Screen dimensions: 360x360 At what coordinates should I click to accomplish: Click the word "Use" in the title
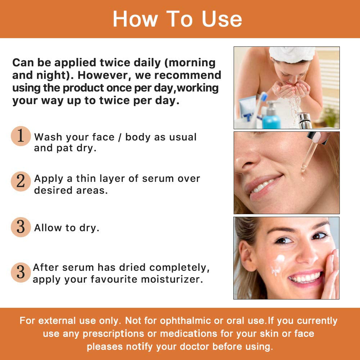[222, 19]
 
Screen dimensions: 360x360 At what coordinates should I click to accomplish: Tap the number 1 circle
[21, 136]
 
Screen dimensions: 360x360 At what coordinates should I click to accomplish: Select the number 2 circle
[21, 181]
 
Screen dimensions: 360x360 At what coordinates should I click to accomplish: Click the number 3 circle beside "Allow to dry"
[21, 227]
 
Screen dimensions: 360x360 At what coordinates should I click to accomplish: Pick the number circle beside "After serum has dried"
[21, 273]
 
